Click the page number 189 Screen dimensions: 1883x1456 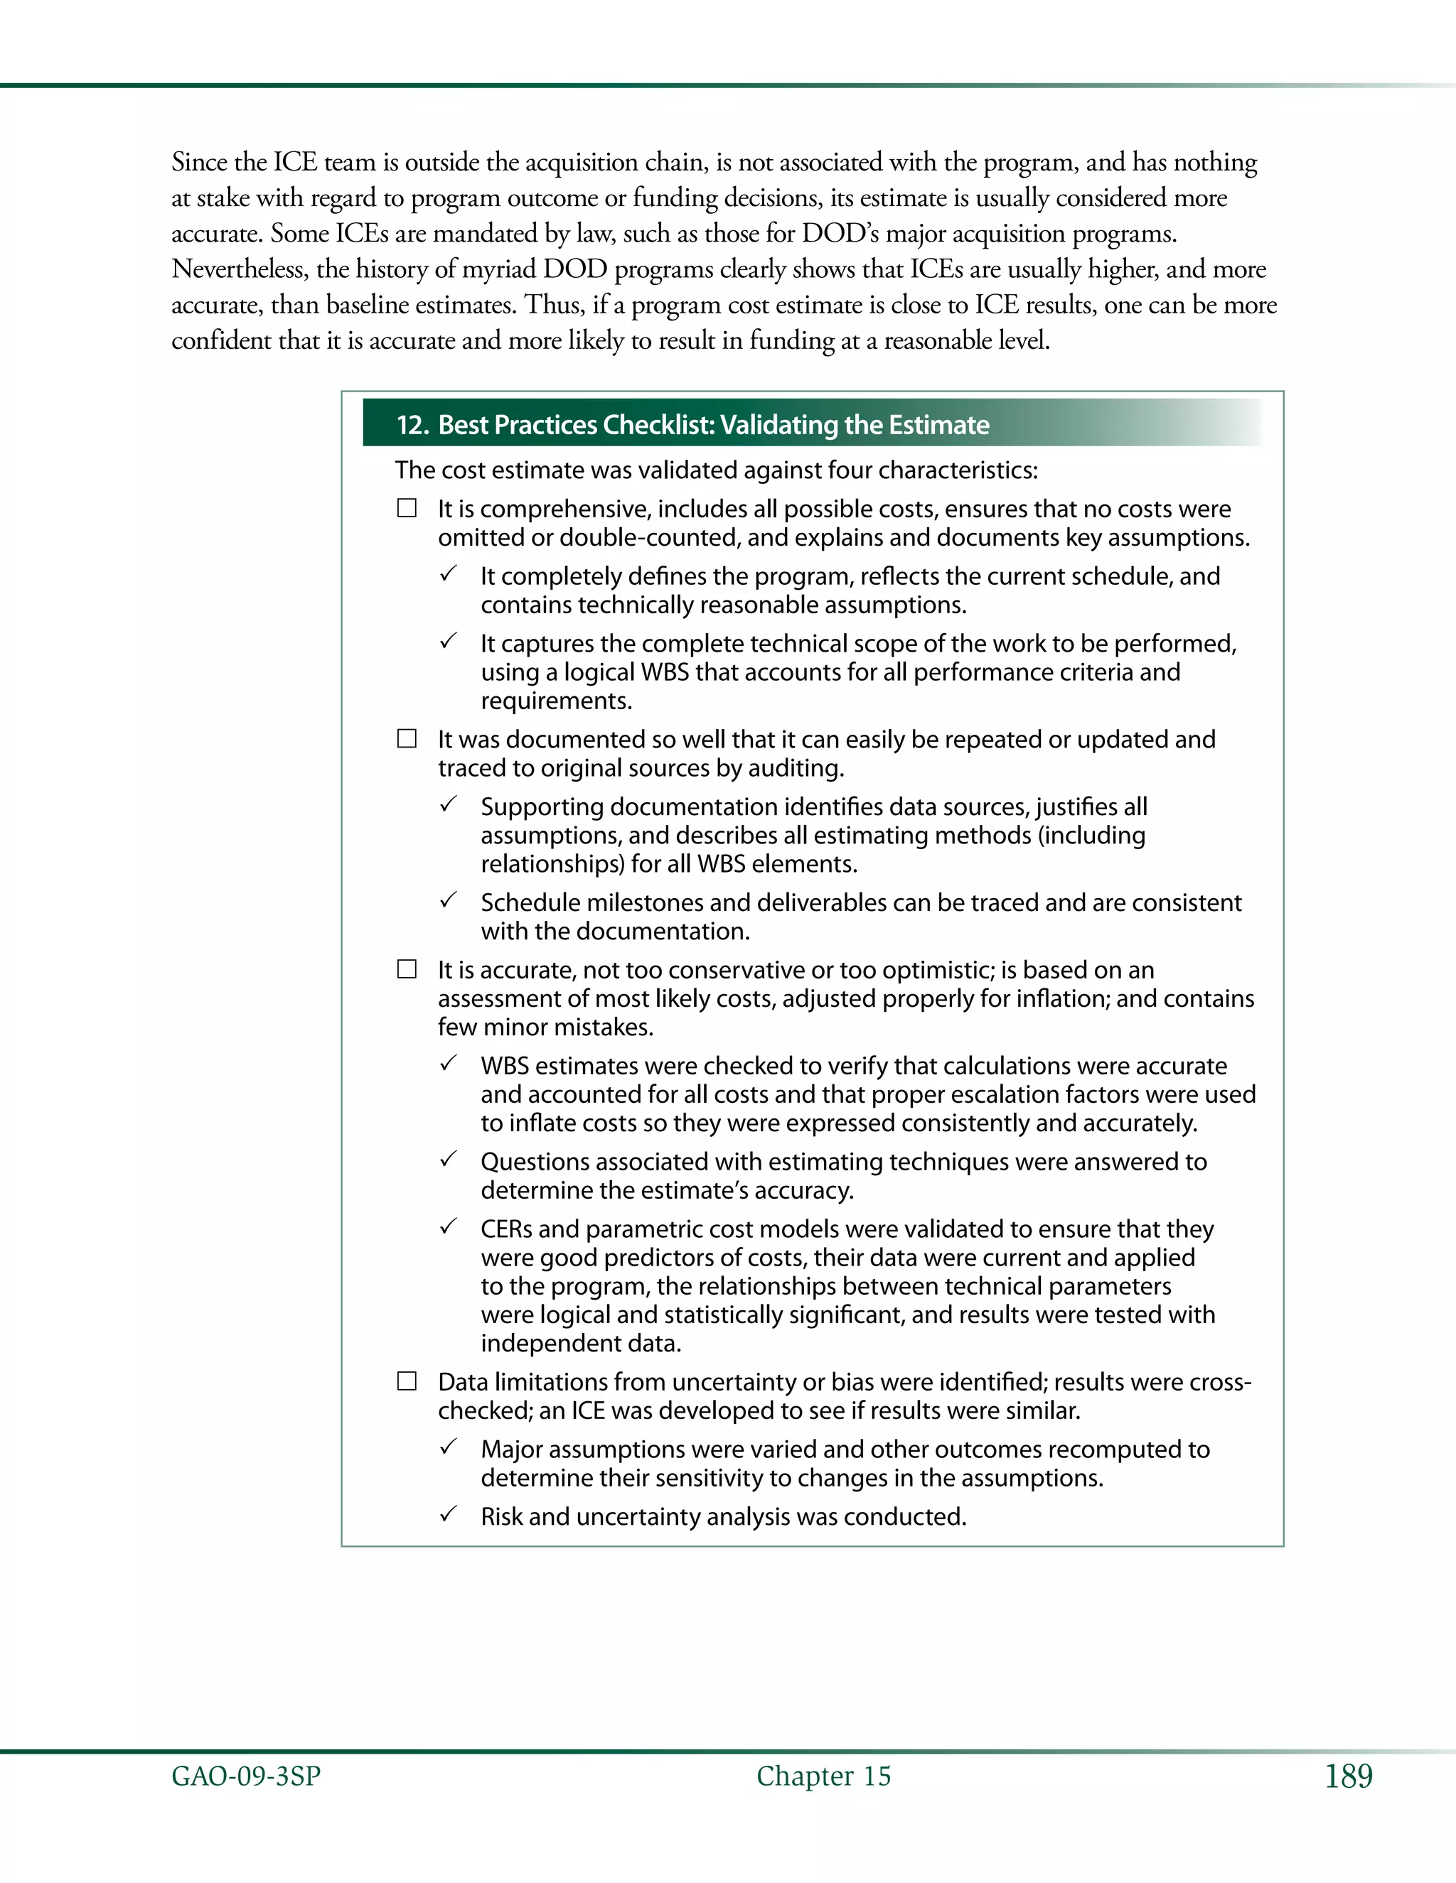1348,1776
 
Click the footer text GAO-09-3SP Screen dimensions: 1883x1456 246,1776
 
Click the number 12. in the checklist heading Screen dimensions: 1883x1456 412,425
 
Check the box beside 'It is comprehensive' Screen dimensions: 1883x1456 406,508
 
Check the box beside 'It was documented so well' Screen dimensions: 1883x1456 406,739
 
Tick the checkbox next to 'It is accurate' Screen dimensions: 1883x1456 406,969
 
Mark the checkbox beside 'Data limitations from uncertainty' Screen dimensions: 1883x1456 406,1381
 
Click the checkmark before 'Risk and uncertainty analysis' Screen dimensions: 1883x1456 448,1515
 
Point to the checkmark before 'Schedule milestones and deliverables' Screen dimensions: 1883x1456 448,901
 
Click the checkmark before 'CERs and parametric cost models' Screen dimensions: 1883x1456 448,1227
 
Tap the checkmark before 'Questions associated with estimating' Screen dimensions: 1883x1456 448,1160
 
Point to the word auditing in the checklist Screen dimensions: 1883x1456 801,768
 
